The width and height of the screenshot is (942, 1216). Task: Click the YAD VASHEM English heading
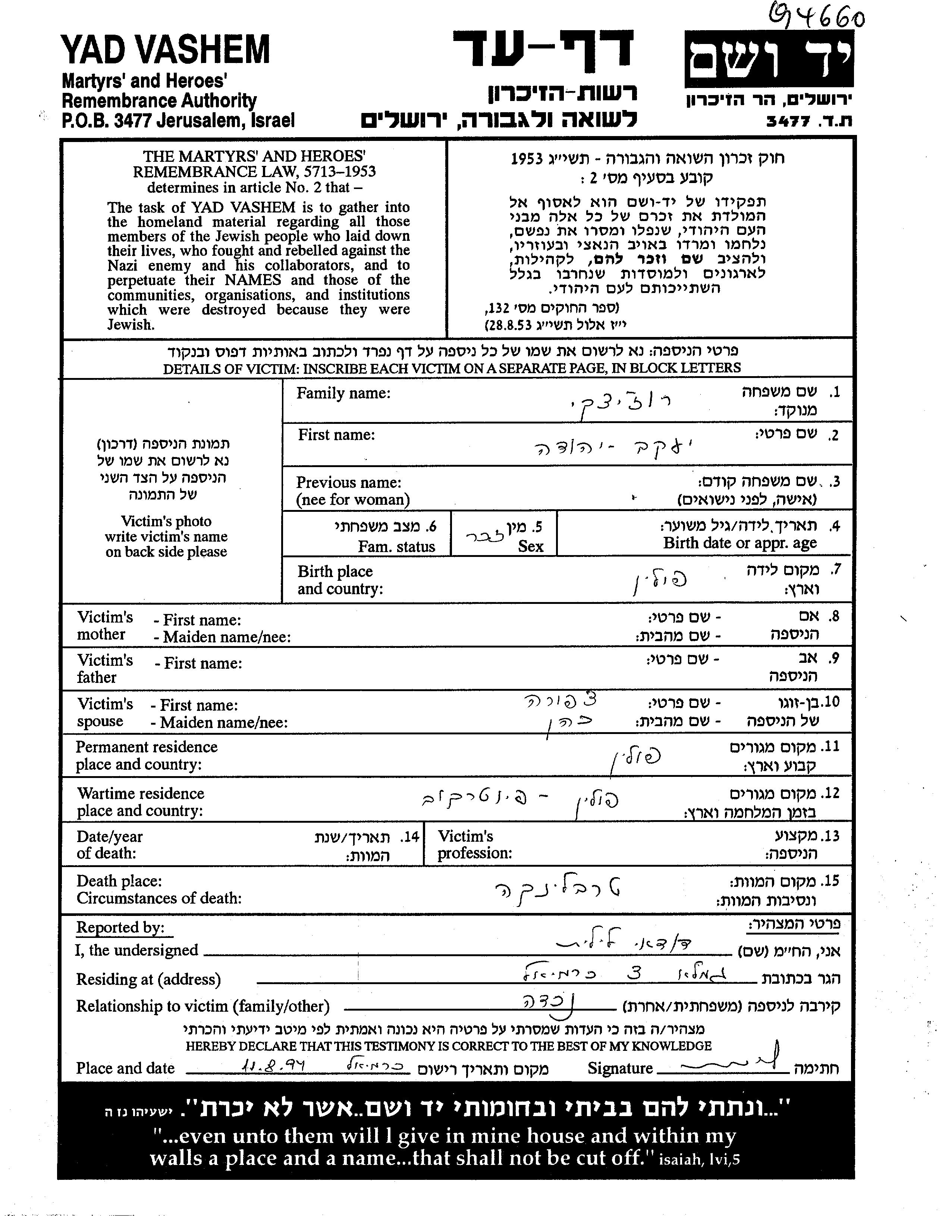[x=166, y=50]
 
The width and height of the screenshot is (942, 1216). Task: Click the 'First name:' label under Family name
[x=336, y=435]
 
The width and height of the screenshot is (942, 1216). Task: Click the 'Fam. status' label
[x=396, y=547]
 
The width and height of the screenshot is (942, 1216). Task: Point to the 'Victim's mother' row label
[x=105, y=626]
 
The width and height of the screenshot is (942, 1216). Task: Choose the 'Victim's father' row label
[x=105, y=669]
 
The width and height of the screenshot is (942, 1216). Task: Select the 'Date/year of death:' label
[x=110, y=845]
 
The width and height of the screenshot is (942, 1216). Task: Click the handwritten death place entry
[x=557, y=890]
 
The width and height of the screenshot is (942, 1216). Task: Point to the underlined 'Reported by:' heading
[x=120, y=927]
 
